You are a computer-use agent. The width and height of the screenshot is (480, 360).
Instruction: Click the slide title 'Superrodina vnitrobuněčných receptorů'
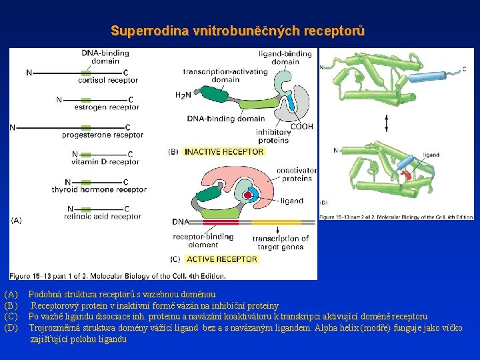tap(238, 31)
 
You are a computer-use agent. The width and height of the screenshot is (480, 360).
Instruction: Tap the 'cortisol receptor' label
tap(108, 81)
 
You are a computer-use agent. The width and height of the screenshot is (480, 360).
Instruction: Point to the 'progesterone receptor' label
tap(102, 135)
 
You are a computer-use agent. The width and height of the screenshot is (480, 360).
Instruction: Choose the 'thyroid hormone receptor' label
tap(99, 189)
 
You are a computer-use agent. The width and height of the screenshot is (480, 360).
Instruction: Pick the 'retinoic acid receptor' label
tap(103, 216)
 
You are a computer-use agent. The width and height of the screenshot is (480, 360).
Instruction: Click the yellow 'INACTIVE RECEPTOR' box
tap(224, 152)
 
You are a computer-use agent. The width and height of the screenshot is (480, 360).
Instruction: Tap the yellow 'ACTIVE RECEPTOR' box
tap(221, 259)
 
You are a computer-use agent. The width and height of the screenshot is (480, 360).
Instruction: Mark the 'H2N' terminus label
tap(183, 95)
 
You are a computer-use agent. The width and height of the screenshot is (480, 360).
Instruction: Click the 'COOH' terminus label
tap(301, 127)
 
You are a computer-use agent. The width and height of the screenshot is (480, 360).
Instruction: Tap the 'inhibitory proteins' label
tap(273, 136)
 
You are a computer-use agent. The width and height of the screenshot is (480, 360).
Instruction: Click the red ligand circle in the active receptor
tap(247, 195)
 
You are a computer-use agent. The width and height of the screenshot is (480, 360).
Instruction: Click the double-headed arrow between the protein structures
tap(387, 123)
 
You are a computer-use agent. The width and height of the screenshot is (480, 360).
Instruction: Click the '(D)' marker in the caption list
tap(11, 328)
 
